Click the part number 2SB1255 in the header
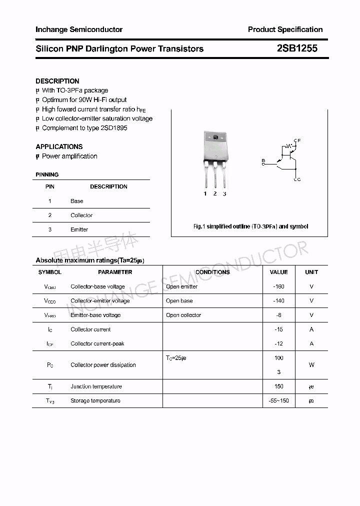click(297, 48)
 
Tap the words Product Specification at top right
click(285, 29)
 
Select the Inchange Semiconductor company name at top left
click(79, 29)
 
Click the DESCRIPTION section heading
click(57, 81)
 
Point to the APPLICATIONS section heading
click(59, 146)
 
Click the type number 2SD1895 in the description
click(114, 128)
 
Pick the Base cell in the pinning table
click(77, 201)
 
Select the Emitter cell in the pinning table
click(79, 229)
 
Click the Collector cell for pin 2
click(81, 215)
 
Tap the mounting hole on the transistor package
click(215, 137)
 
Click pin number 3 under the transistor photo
click(224, 194)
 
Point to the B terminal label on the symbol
click(263, 160)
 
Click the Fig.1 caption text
click(250, 226)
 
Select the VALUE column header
click(278, 272)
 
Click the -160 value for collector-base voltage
click(278, 286)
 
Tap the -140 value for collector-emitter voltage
click(278, 301)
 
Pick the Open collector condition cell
click(183, 315)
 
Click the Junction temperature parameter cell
click(96, 386)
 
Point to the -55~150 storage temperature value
click(278, 401)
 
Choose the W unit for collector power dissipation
click(311, 365)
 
